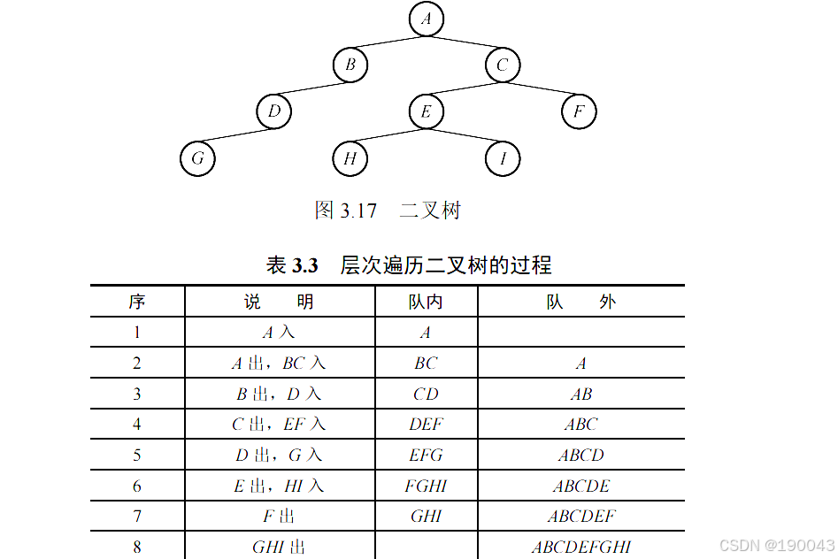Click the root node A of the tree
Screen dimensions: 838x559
click(x=427, y=19)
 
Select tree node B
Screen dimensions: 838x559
click(x=350, y=65)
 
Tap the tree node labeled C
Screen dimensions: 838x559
click(x=503, y=65)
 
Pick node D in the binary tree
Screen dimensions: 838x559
click(x=274, y=111)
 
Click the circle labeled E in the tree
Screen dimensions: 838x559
click(x=427, y=111)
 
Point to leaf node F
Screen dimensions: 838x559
click(x=579, y=111)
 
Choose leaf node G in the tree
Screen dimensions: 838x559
click(x=197, y=159)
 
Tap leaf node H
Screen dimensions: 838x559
click(x=350, y=159)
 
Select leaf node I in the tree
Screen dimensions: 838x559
click(x=503, y=159)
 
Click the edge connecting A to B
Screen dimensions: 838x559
click(x=388, y=42)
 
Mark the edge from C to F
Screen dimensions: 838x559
click(x=541, y=88)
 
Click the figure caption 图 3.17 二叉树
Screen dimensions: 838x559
click(x=388, y=211)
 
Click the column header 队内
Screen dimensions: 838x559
click(x=426, y=302)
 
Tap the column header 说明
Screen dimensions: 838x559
click(x=279, y=302)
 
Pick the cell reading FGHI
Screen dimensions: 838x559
click(x=426, y=486)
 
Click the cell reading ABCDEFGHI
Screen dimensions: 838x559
click(x=580, y=547)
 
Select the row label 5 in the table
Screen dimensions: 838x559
click(x=136, y=455)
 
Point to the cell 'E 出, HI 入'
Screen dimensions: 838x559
click(x=279, y=486)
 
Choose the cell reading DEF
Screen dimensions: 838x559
click(x=426, y=425)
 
